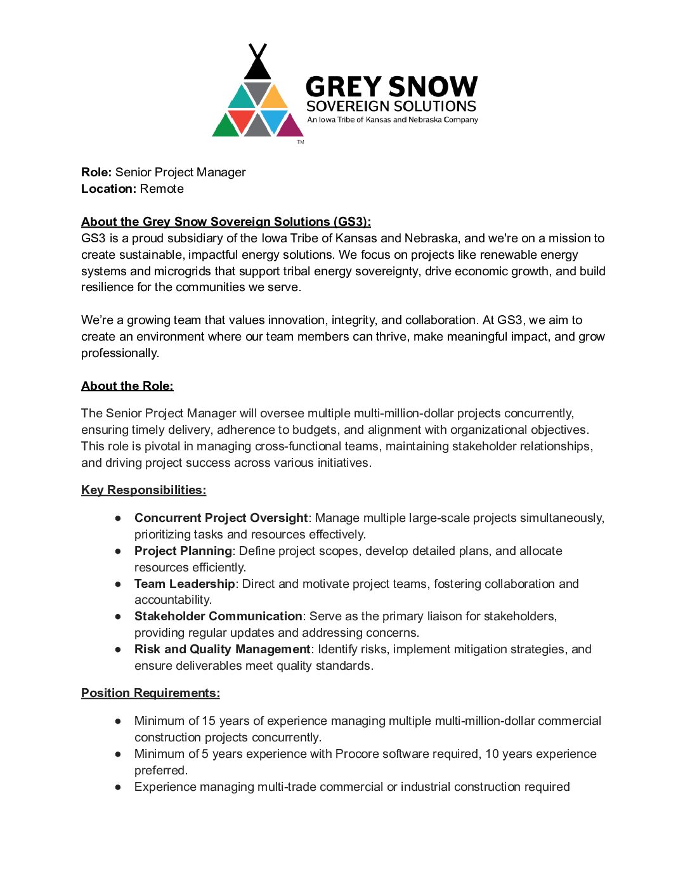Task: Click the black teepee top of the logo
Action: tap(257, 65)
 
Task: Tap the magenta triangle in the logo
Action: tap(290, 126)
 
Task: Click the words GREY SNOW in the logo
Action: tap(391, 87)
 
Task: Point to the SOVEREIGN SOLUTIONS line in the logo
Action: tap(391, 106)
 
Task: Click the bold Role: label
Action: tap(96, 173)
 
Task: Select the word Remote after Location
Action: tap(162, 189)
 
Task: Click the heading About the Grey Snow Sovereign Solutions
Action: tap(226, 222)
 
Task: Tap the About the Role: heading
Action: tap(127, 386)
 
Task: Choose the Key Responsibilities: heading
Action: tap(143, 490)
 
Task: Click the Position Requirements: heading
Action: tap(150, 693)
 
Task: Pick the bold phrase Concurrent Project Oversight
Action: tap(221, 518)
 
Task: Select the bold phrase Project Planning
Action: tap(183, 551)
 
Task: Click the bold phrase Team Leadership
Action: tap(185, 584)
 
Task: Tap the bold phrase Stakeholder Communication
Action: tap(218, 616)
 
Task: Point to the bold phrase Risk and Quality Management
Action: tap(222, 649)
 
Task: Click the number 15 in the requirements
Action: tap(209, 721)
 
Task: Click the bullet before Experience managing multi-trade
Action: tap(118, 787)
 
